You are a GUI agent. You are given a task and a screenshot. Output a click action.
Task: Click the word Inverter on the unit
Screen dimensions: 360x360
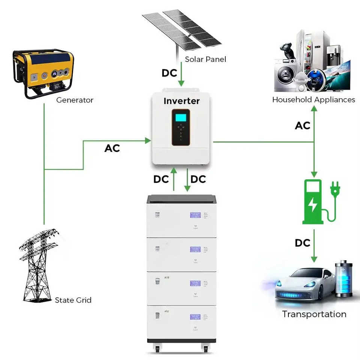point(181,101)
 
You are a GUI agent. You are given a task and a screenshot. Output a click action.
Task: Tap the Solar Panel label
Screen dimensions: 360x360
point(205,59)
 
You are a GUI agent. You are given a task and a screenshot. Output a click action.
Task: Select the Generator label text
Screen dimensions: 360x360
point(75,100)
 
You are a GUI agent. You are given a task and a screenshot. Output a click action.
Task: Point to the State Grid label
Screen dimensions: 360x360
point(73,300)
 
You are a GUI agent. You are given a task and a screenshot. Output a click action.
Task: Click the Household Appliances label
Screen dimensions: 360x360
point(313,100)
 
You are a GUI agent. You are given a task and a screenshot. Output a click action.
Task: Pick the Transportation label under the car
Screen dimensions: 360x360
point(314,314)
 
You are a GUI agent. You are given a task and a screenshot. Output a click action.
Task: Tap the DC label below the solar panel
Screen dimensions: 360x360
point(169,73)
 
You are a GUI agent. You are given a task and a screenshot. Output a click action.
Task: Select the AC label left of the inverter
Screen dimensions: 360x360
point(112,148)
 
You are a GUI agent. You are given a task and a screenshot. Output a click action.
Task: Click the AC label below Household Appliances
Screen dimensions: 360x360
point(303,126)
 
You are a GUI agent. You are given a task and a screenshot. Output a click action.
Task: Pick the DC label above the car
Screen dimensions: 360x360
point(302,243)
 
